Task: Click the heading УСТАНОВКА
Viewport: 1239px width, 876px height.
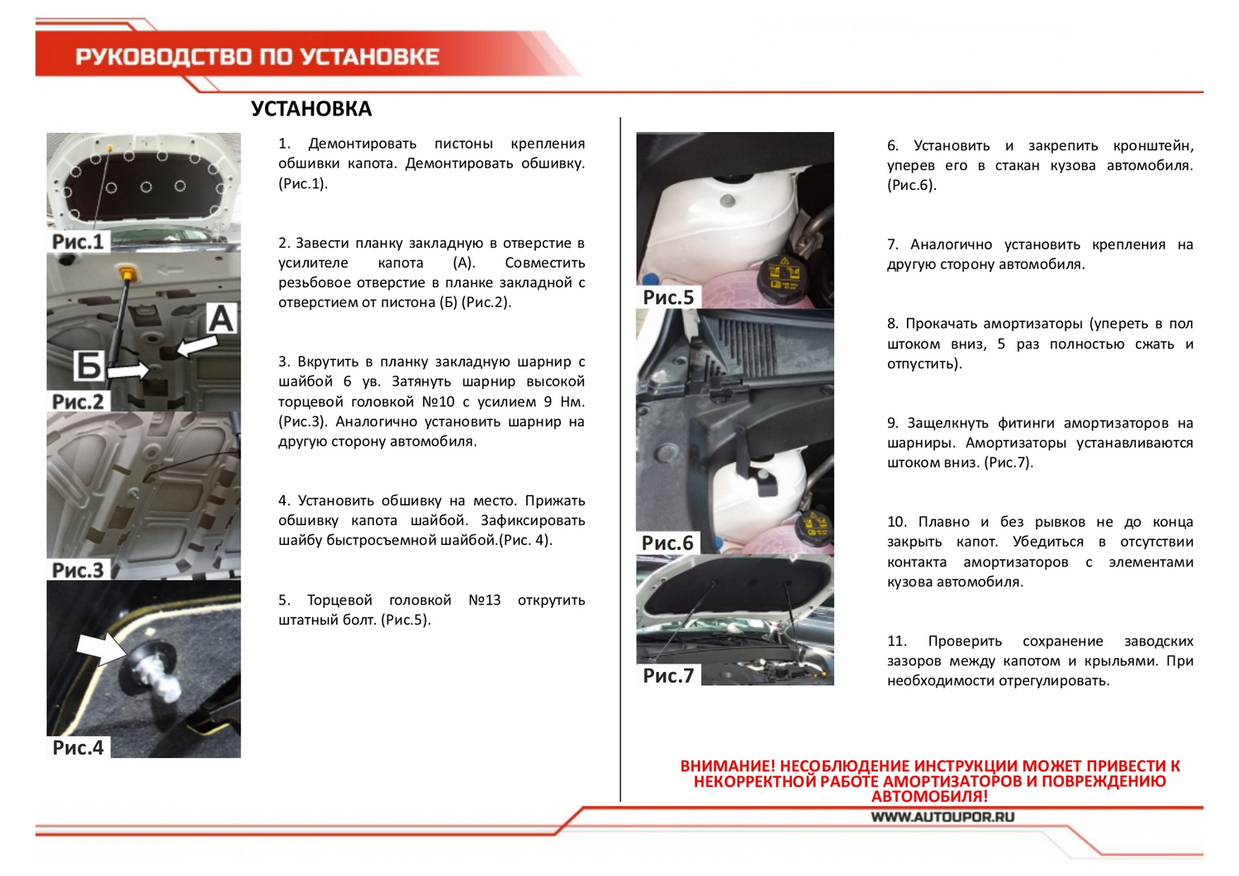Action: [311, 109]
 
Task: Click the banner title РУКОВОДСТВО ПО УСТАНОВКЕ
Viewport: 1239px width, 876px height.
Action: [257, 57]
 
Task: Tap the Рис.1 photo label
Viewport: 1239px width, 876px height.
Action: [78, 241]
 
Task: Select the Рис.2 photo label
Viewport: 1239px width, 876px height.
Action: [78, 401]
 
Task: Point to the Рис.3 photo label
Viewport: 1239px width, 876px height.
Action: [78, 570]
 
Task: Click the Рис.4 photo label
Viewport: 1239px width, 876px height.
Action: [78, 747]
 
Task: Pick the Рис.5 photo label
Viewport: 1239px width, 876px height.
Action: [668, 297]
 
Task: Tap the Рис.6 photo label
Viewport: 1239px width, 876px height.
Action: [667, 542]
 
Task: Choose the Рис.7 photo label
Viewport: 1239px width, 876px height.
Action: [668, 675]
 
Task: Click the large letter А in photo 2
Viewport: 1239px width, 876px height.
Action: [221, 319]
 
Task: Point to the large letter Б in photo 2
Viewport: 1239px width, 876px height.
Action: [88, 366]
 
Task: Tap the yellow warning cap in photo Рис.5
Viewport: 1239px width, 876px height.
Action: [781, 272]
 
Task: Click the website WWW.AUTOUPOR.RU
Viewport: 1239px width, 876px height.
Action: [942, 817]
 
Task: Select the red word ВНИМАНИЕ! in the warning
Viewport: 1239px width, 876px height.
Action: [728, 766]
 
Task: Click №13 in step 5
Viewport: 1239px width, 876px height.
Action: [484, 600]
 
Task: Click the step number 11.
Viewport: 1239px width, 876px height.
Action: [896, 642]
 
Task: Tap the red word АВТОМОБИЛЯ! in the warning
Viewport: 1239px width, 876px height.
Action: [929, 797]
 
